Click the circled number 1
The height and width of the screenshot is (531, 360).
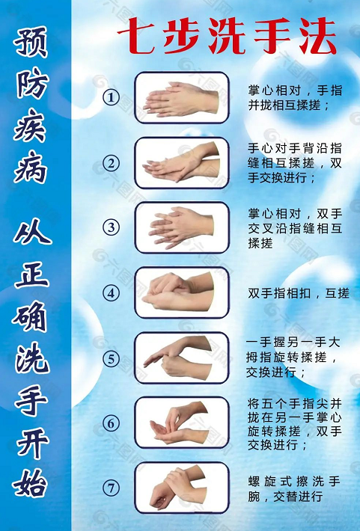(112, 97)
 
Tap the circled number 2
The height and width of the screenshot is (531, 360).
(112, 162)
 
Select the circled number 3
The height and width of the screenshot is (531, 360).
(112, 227)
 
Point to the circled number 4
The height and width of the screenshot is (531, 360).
(112, 292)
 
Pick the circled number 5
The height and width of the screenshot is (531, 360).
(112, 357)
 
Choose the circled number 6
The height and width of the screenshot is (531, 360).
(112, 423)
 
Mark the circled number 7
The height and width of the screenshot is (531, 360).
(112, 488)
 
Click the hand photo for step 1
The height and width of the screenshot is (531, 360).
(181, 98)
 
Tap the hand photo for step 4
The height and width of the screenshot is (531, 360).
(181, 292)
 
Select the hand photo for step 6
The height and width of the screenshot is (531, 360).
(181, 423)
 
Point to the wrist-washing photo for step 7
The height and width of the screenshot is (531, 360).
(181, 488)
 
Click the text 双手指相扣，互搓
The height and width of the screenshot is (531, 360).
(298, 293)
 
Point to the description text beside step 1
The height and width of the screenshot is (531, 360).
(295, 98)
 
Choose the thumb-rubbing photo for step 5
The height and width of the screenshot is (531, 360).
(181, 357)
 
